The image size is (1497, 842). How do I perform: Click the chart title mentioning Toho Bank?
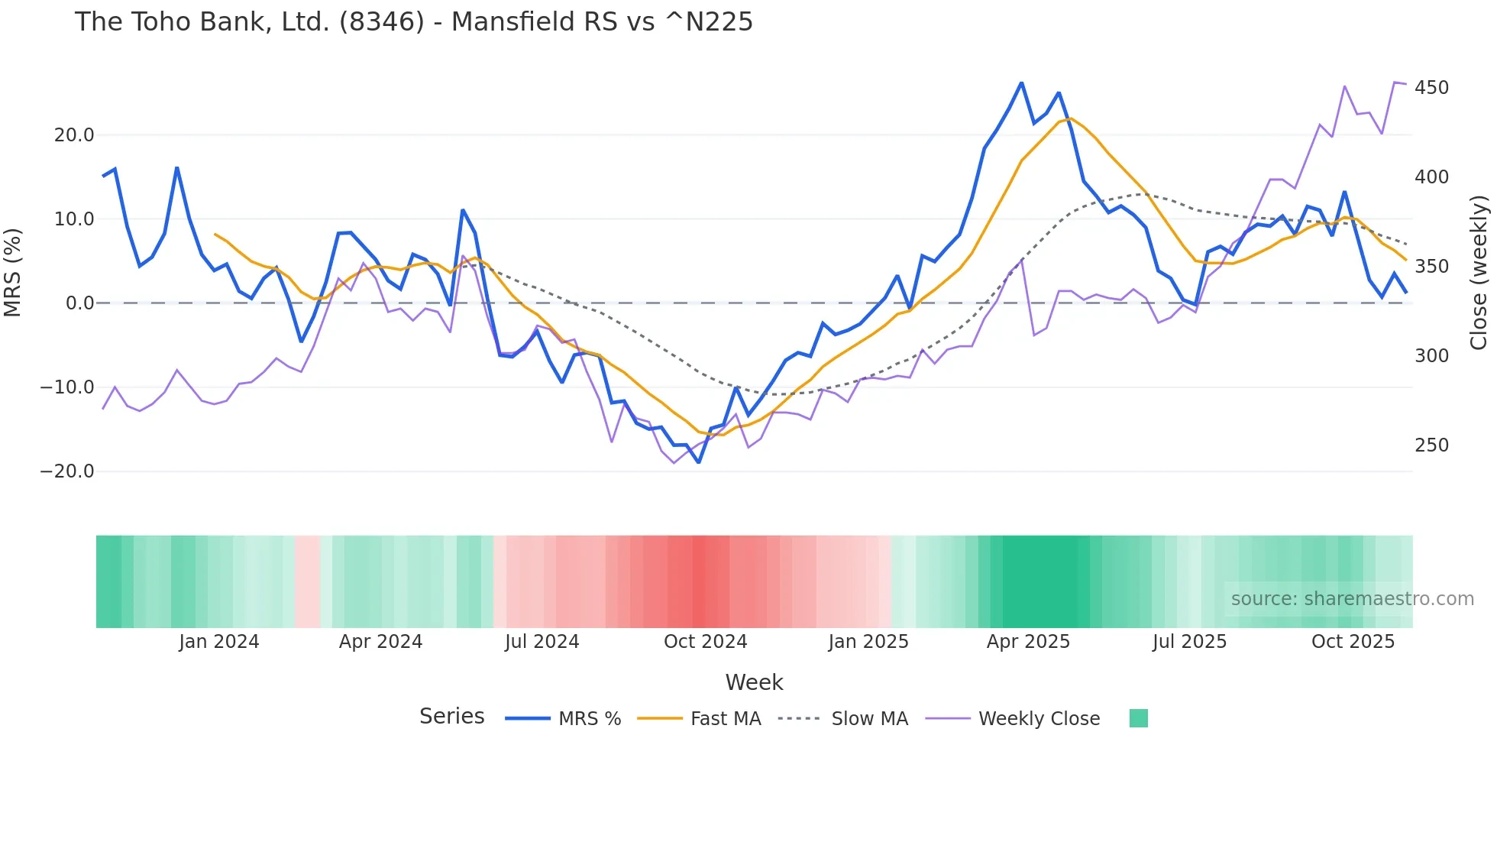(x=413, y=22)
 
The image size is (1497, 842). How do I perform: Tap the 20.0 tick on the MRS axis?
(x=74, y=135)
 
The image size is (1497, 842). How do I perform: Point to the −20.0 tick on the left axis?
(x=67, y=471)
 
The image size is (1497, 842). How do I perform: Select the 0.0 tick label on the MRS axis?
(x=79, y=303)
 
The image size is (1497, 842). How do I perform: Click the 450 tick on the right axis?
(x=1431, y=88)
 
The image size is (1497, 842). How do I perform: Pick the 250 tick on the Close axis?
(x=1431, y=445)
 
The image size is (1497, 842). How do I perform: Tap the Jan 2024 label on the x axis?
(x=219, y=642)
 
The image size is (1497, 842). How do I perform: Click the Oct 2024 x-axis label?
(x=705, y=642)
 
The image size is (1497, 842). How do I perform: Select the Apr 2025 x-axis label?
(x=1028, y=642)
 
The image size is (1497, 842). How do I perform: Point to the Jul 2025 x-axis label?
(x=1189, y=642)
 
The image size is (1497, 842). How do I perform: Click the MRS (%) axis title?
(x=13, y=272)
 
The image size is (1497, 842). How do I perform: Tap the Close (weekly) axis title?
(x=1479, y=272)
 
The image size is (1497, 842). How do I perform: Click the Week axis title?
(x=754, y=682)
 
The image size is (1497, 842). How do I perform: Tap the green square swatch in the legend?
(x=1138, y=718)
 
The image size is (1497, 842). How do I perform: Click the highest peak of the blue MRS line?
(x=1021, y=83)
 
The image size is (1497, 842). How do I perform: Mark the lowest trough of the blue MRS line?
(x=698, y=462)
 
